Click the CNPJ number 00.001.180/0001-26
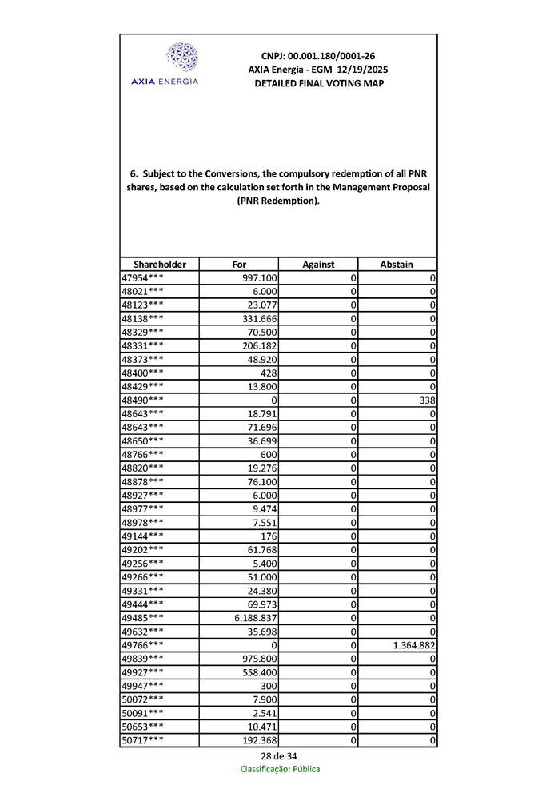318,56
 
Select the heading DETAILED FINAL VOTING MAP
318,83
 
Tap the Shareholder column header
160,264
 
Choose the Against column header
318,264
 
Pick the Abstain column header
397,264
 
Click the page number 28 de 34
279,756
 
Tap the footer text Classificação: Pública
280,769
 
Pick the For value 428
269,373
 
